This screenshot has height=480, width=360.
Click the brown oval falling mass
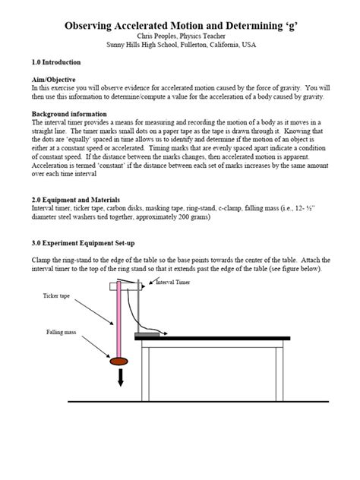point(119,360)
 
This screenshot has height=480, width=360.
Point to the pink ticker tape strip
point(119,319)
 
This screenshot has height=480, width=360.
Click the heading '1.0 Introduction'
point(59,62)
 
